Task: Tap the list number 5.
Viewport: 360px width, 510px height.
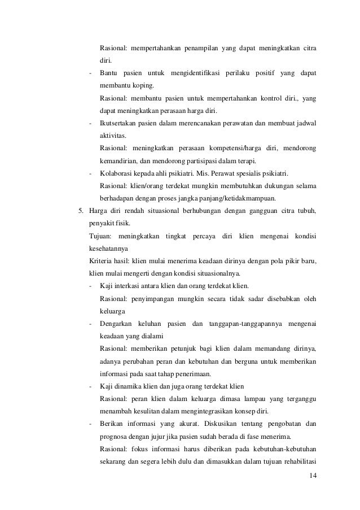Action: (x=80, y=212)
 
